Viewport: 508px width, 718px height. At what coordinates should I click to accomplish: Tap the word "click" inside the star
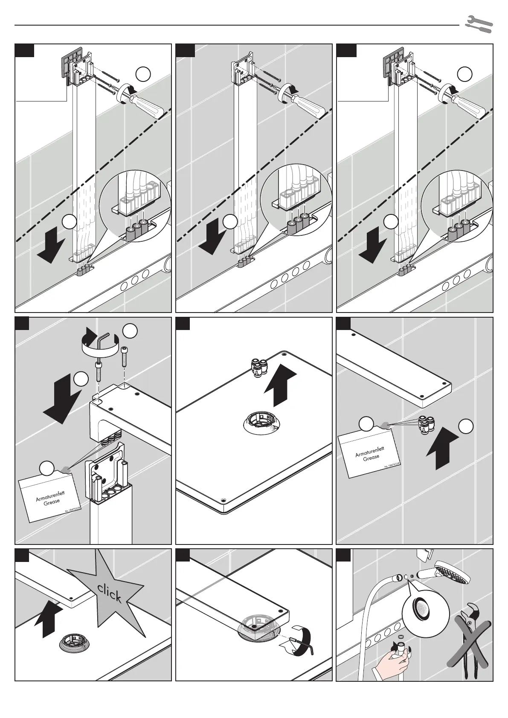click(x=109, y=594)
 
